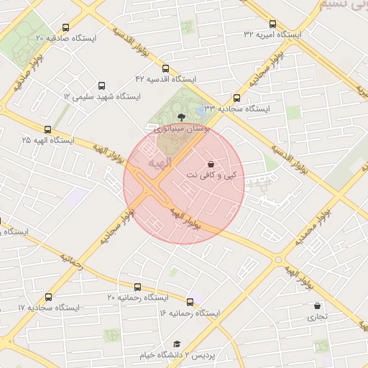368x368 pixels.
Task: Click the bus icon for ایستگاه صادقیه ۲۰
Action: pos(67,27)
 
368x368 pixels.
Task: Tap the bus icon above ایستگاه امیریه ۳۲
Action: pos(272,23)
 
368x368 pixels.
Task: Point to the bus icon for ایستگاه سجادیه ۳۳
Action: pos(237,98)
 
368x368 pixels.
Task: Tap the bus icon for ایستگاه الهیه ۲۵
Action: pos(48,130)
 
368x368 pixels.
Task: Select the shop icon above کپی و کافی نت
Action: pos(210,164)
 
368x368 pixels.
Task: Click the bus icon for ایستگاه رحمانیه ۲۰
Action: pos(138,287)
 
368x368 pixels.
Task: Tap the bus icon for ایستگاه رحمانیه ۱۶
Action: pos(190,302)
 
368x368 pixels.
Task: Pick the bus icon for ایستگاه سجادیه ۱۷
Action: pos(49,297)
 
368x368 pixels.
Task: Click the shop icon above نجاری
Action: pos(317,305)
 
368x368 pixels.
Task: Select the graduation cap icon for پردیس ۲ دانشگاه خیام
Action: pos(178,344)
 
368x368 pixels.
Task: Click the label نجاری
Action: pos(317,316)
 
